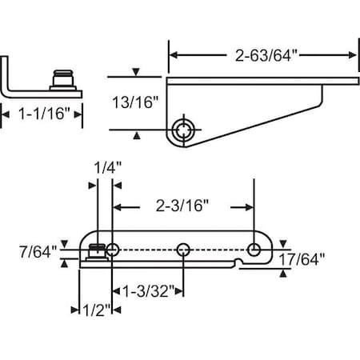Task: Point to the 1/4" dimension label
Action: coord(104,168)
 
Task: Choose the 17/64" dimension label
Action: coord(311,259)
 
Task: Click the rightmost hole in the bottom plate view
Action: coord(254,250)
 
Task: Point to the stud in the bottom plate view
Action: coord(96,253)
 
